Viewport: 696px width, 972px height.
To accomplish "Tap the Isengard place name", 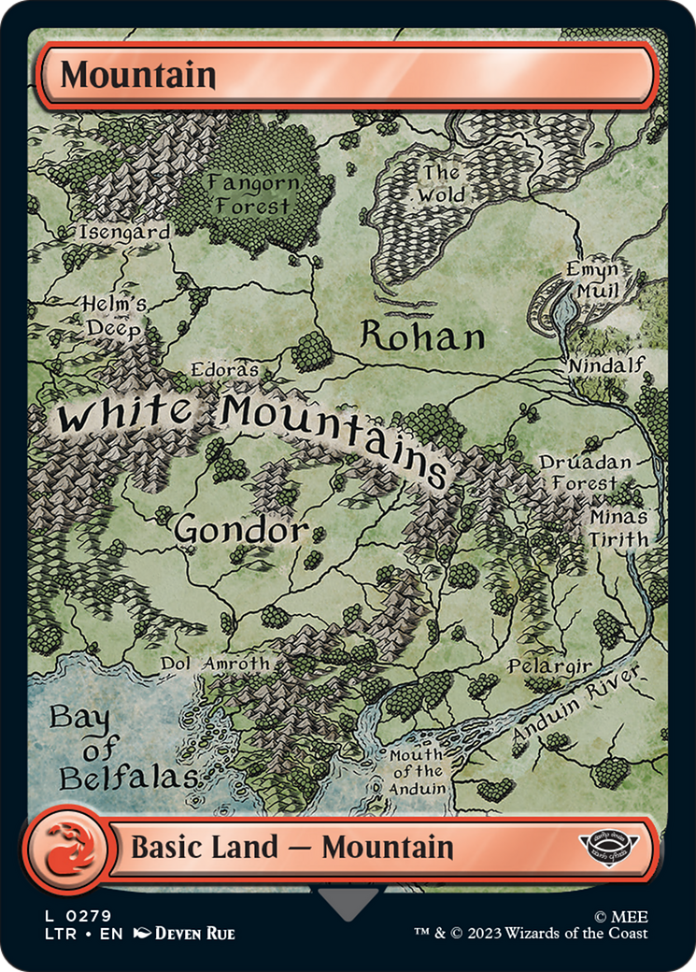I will click(x=125, y=231).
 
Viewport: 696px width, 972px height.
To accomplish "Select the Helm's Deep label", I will click(x=114, y=316).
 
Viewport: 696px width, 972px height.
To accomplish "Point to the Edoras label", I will click(x=224, y=369).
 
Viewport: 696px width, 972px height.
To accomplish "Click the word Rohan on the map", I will click(x=422, y=336).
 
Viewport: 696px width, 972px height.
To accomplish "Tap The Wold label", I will click(x=441, y=184).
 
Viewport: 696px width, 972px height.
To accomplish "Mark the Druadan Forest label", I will click(x=585, y=473).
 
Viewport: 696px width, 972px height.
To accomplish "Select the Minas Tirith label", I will click(x=618, y=528).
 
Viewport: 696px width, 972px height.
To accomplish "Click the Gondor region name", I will click(x=241, y=531).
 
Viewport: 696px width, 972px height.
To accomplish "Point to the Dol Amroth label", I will click(x=215, y=663).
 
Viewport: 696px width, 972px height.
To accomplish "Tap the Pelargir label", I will click(x=549, y=665).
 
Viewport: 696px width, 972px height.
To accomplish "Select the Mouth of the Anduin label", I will click(x=417, y=771).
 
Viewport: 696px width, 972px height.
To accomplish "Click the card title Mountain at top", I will click(x=138, y=75).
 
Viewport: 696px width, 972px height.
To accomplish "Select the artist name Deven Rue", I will click(x=194, y=933).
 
